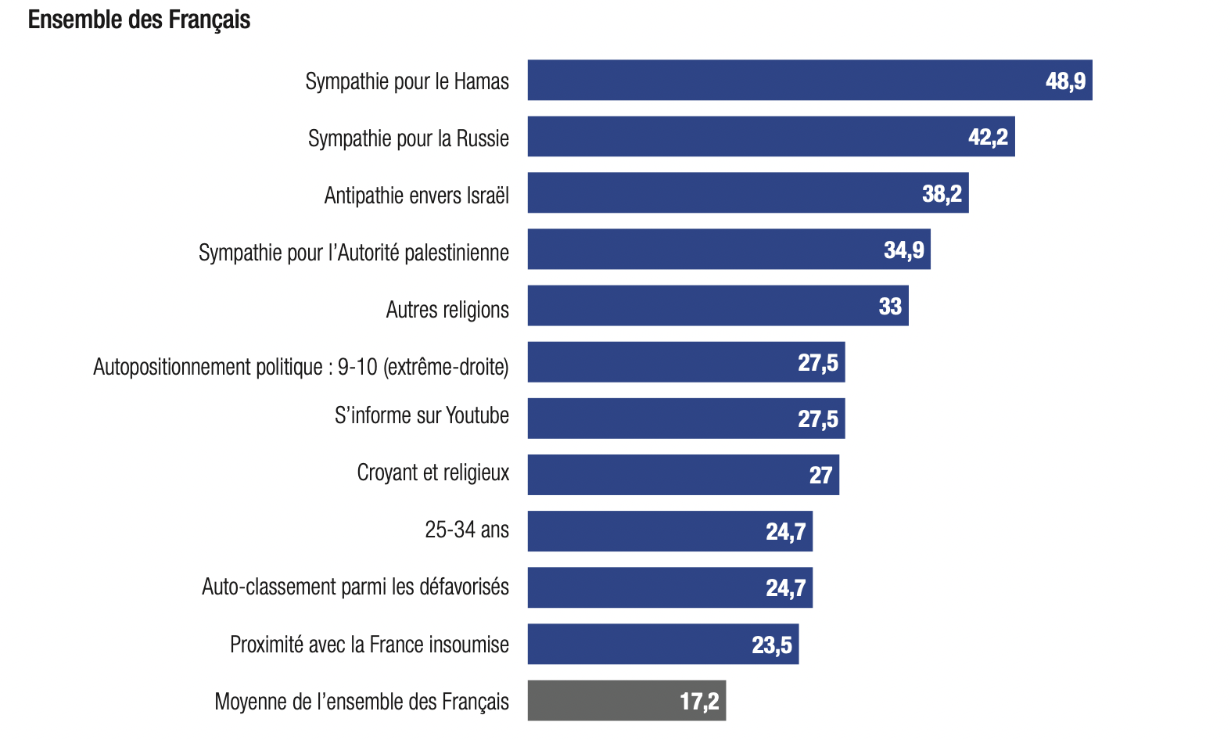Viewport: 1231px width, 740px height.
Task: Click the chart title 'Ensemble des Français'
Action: (139, 20)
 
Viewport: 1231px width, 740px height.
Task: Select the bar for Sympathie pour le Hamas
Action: (782, 81)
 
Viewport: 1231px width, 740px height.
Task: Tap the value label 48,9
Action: (1065, 81)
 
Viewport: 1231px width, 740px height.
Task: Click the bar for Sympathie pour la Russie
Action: (743, 137)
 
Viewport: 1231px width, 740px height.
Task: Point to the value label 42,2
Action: (988, 137)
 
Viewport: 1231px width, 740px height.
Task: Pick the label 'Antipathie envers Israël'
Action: (416, 196)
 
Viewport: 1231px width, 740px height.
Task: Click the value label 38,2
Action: (942, 193)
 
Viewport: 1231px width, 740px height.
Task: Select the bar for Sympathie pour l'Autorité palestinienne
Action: (704, 250)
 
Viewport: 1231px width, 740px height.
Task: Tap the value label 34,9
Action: (903, 250)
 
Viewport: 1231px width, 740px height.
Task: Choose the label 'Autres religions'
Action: (447, 310)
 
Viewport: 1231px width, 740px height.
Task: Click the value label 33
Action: (890, 306)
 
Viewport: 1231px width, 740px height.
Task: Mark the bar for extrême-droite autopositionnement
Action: (665, 362)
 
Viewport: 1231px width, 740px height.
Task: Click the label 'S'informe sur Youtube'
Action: (422, 415)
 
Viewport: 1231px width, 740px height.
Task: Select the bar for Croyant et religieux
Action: (665, 475)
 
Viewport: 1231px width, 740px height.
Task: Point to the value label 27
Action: (820, 475)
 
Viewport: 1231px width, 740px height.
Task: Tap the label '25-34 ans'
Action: (466, 530)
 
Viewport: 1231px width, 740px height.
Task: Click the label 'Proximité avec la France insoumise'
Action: (369, 645)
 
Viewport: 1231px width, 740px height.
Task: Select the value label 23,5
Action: (771, 645)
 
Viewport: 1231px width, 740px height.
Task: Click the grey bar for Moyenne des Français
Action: (610, 701)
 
